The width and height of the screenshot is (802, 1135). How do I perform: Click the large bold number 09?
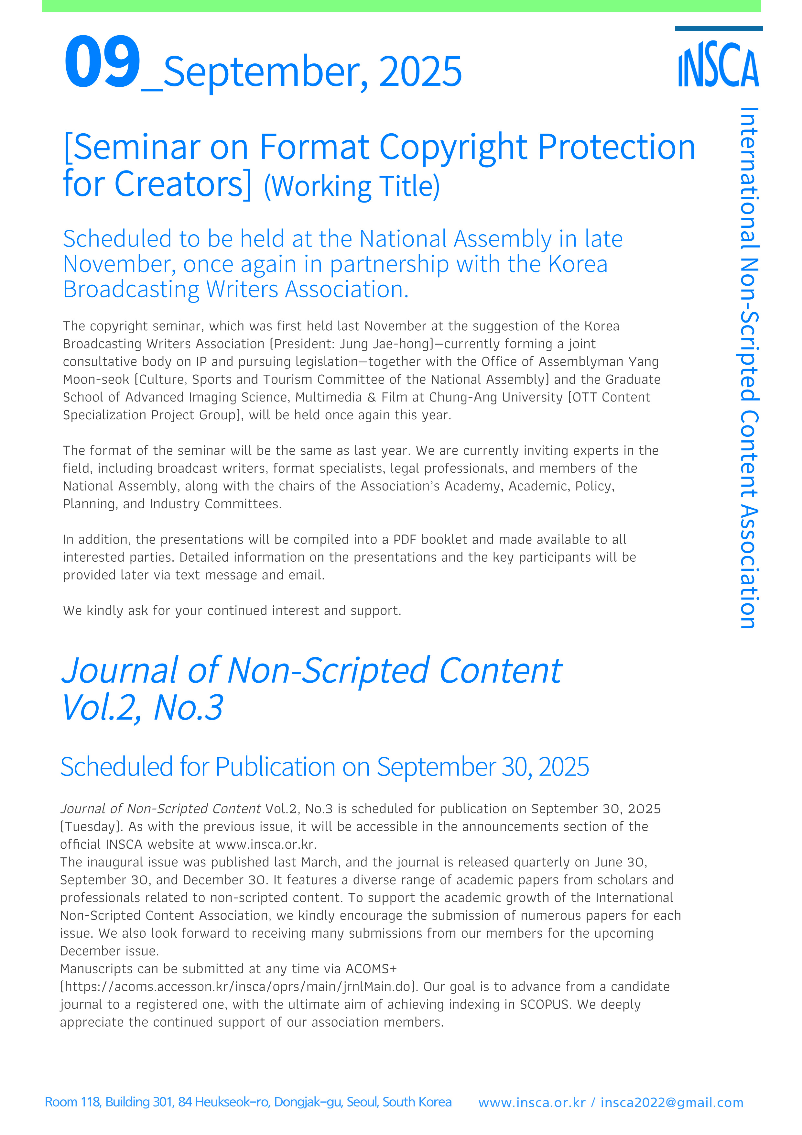(102, 63)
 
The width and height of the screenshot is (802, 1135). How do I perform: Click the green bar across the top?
(401, 6)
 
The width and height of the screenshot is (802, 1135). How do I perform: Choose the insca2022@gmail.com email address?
(672, 1103)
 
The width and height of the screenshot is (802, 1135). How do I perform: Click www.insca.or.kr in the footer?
(532, 1103)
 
